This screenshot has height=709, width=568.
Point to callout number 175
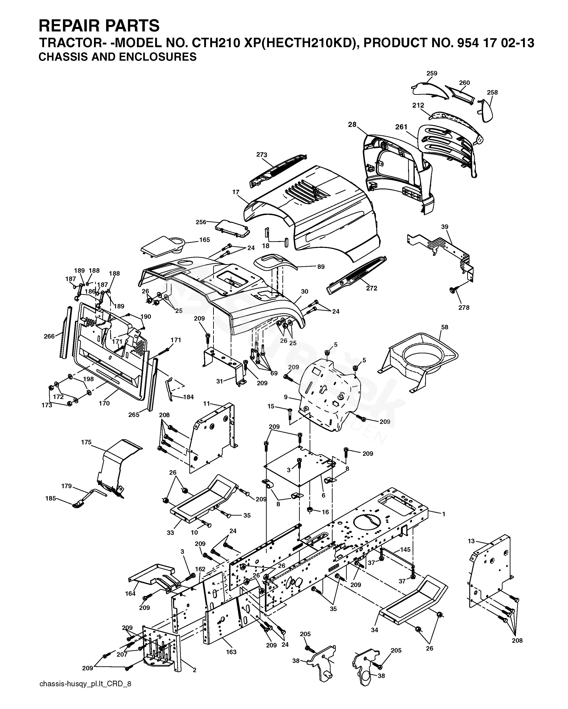(x=86, y=442)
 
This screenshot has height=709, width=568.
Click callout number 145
(x=405, y=549)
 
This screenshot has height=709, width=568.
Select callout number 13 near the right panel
(x=472, y=541)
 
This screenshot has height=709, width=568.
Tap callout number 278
(x=464, y=308)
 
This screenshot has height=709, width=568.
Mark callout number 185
(x=51, y=498)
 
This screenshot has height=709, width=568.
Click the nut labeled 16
(x=310, y=510)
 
